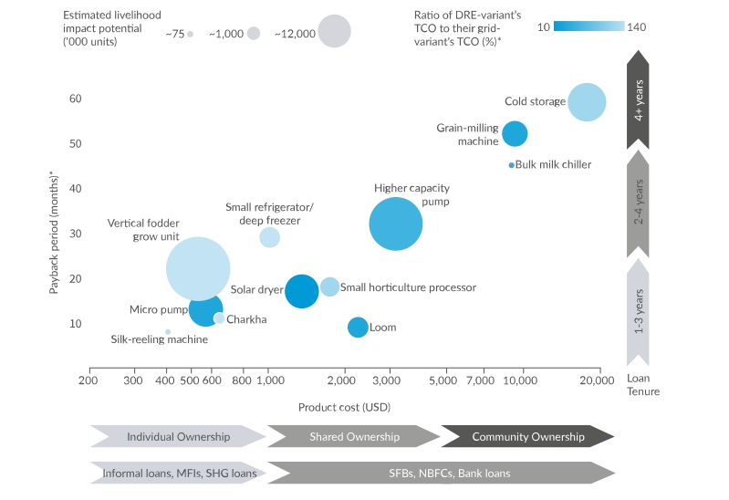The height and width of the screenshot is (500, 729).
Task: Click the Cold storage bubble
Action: (x=587, y=102)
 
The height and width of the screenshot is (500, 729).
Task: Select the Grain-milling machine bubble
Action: (x=515, y=134)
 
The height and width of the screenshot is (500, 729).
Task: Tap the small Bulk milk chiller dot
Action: (x=511, y=165)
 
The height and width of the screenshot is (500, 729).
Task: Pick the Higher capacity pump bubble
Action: (x=395, y=224)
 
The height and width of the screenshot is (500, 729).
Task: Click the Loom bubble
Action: (x=358, y=328)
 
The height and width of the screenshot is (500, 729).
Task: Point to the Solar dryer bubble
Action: (x=302, y=292)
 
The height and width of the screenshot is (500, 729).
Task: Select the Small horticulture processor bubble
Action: (x=329, y=286)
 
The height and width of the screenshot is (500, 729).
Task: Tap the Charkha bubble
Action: (x=219, y=318)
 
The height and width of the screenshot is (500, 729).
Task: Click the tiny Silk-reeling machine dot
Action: (x=168, y=332)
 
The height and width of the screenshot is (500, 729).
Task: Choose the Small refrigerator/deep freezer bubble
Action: (x=269, y=237)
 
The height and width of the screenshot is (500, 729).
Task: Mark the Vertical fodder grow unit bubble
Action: (x=198, y=268)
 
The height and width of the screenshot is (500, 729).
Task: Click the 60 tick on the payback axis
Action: (x=75, y=99)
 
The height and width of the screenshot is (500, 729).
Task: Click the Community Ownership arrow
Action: (x=527, y=437)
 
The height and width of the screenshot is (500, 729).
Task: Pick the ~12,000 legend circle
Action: (x=335, y=32)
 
